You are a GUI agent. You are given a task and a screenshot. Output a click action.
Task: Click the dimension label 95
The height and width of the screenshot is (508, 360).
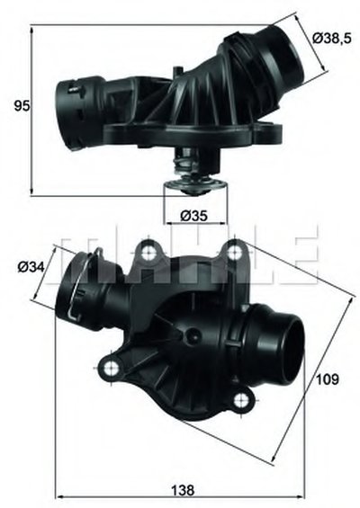pyautogui.click(x=22, y=106)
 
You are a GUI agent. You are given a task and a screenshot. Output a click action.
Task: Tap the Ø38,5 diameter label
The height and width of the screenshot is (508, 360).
pyautogui.click(x=332, y=39)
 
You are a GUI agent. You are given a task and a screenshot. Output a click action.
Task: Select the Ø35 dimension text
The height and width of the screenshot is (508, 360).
pyautogui.click(x=193, y=216)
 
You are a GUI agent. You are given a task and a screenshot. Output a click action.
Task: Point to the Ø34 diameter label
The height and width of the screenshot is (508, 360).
pyautogui.click(x=31, y=267)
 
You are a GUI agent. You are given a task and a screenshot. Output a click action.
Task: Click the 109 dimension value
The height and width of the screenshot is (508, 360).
pyautogui.click(x=328, y=379)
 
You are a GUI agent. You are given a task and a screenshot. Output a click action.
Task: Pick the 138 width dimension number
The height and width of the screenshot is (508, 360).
pyautogui.click(x=183, y=490)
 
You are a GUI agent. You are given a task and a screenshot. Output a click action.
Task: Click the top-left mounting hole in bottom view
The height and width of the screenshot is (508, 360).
pyautogui.click(x=148, y=251)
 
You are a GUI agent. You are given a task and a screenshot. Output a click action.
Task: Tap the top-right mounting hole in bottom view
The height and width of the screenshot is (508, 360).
pyautogui.click(x=233, y=252)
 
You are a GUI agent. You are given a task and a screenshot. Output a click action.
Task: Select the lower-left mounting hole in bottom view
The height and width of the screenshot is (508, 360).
pyautogui.click(x=112, y=367)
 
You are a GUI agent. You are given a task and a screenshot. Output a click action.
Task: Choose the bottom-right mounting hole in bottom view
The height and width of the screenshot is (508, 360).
pyautogui.click(x=241, y=401)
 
